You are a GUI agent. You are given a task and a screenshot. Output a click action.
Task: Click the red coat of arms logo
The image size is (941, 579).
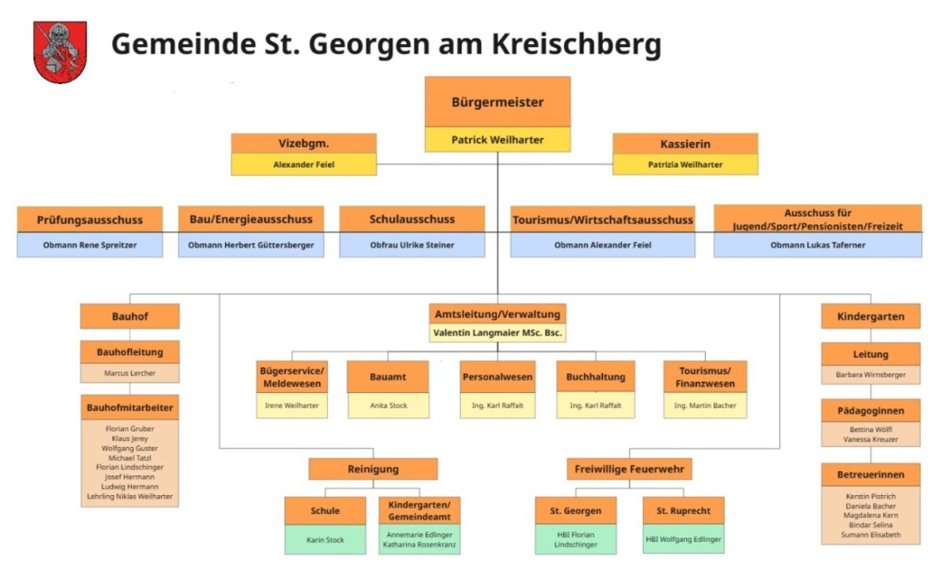[60, 52]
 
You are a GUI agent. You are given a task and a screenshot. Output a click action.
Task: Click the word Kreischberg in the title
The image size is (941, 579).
[576, 45]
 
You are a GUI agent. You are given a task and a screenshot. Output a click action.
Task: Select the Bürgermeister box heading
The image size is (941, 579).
[497, 102]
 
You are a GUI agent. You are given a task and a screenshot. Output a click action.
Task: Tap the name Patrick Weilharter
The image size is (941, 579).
[497, 140]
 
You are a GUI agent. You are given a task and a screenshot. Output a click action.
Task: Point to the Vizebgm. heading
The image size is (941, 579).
[303, 144]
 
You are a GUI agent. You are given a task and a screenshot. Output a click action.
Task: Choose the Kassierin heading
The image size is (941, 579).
[685, 144]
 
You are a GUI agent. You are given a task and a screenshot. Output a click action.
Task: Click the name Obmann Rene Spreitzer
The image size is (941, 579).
[89, 245]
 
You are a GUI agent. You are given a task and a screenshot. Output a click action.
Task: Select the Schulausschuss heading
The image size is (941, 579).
[412, 219]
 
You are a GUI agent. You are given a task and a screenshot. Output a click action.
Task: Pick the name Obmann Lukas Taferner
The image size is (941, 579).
[817, 245]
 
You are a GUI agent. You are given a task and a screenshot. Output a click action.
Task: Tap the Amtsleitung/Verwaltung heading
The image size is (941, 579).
[497, 314]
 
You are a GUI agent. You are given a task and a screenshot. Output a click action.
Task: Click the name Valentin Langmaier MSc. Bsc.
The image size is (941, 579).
[497, 333]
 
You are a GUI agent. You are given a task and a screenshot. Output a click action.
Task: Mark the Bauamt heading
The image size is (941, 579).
[388, 377]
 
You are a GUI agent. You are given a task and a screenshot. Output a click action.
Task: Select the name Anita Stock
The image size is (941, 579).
[388, 405]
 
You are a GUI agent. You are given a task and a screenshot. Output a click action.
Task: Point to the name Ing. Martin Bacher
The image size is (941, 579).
[704, 405]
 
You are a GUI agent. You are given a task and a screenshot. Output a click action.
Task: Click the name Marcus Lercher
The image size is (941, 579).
[129, 373]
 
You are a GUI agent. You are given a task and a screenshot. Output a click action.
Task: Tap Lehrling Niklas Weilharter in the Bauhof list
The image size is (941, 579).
[129, 497]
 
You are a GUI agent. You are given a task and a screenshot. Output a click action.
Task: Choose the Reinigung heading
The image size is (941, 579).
[372, 469]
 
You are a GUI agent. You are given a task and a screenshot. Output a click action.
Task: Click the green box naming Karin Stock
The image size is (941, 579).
[325, 540]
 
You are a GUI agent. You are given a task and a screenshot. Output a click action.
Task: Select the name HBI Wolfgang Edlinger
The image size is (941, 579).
[683, 539]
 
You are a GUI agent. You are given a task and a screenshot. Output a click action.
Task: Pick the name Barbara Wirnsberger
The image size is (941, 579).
[870, 374]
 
